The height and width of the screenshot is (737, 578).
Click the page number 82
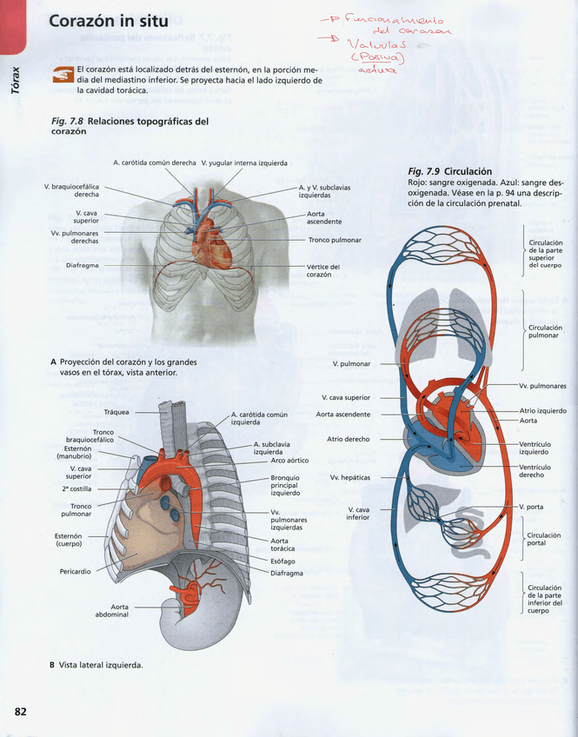pyautogui.click(x=20, y=712)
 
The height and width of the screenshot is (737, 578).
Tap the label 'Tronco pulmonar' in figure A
pyautogui.click(x=335, y=240)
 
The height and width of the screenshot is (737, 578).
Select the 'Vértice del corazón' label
pyautogui.click(x=322, y=271)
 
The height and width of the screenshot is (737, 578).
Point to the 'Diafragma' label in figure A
pyautogui.click(x=82, y=265)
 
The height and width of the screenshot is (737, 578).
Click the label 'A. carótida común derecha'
pyautogui.click(x=154, y=163)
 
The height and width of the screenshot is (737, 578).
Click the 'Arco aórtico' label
pyautogui.click(x=289, y=461)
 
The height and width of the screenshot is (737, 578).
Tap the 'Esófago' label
pyautogui.click(x=283, y=561)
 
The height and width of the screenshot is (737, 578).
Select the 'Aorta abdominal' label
pyautogui.click(x=110, y=611)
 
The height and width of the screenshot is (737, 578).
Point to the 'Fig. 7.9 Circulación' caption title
pyautogui.click(x=449, y=171)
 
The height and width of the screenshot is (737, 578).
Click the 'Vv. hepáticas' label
pyautogui.click(x=350, y=477)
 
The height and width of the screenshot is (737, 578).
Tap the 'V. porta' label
pyautogui.click(x=531, y=507)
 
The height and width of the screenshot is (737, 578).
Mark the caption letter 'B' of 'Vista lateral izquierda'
pyautogui.click(x=53, y=665)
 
